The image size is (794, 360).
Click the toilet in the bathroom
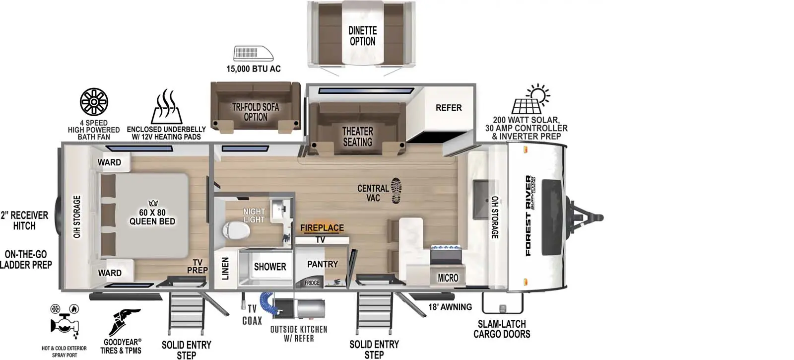(x=236, y=230)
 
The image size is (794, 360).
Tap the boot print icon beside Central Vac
(x=397, y=191)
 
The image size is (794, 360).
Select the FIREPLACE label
(x=322, y=228)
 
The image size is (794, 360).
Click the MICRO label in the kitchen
(x=448, y=278)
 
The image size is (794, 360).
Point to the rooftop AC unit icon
(x=254, y=53)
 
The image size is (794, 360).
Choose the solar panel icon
(x=530, y=99)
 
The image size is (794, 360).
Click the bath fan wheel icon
(x=94, y=102)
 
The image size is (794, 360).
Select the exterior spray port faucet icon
(x=65, y=321)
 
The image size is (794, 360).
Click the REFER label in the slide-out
(x=449, y=107)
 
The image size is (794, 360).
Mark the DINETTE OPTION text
(x=362, y=36)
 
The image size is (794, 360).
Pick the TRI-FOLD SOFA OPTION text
(x=256, y=112)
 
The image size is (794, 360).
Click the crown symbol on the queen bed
(x=153, y=203)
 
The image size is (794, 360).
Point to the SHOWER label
(x=270, y=267)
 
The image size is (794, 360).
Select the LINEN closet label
(x=225, y=269)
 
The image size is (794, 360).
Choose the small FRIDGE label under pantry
(x=312, y=283)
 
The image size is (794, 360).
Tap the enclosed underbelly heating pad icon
(x=166, y=106)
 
